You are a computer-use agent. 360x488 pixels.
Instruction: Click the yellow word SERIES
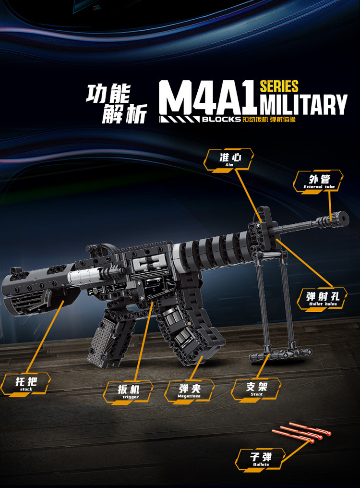click(x=279, y=86)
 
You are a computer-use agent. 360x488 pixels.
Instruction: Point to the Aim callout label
click(x=228, y=160)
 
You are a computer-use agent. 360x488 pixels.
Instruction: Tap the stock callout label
click(x=25, y=384)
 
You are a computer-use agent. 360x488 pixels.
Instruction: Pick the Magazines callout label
click(x=189, y=390)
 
